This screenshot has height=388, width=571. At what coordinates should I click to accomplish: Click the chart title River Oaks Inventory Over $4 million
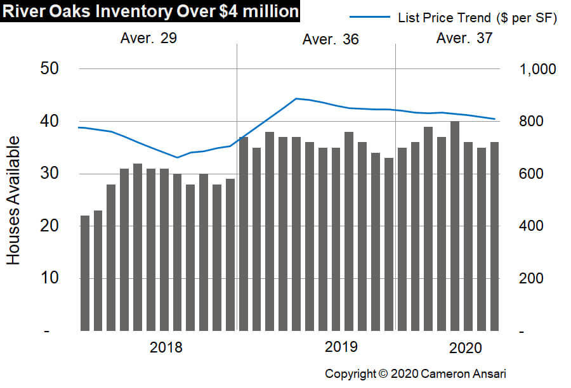150,12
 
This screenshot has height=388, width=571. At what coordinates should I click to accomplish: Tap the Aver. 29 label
148,38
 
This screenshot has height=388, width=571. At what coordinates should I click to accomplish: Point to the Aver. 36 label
330,39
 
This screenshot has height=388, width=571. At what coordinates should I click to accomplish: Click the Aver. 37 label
464,39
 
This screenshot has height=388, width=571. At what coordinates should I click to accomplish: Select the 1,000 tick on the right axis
538,68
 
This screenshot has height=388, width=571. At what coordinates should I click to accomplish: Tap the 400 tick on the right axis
532,226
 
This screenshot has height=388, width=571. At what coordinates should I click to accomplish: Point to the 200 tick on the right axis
532,278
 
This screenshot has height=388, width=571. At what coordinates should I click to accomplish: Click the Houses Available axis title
15,200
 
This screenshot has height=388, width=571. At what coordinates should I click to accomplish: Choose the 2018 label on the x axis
166,347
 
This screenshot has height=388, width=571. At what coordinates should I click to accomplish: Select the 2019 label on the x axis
341,347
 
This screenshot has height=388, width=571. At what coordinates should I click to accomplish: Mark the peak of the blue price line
296,98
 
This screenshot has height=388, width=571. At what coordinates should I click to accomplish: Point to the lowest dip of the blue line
178,157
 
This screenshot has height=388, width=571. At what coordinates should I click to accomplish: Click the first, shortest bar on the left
85,273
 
